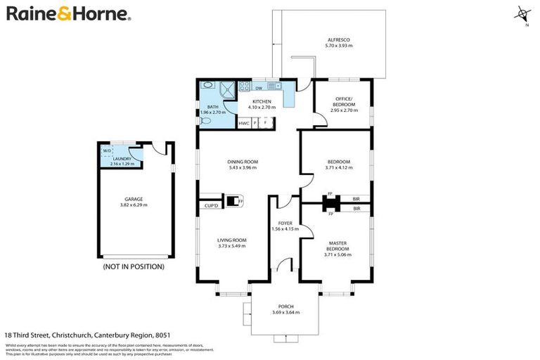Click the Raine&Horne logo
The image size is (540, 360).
[x=68, y=14]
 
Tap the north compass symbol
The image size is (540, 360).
[x=522, y=14]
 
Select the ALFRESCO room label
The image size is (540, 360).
[x=339, y=41]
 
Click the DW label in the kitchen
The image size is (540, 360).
[x=259, y=89]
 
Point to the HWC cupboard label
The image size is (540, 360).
[x=244, y=123]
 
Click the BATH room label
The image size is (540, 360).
[x=212, y=107]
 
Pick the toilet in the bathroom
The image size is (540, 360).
[x=205, y=121]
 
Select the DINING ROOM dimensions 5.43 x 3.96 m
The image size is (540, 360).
[x=243, y=168]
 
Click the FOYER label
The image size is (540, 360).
[x=285, y=223]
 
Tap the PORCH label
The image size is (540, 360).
[x=285, y=307]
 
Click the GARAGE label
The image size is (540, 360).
[x=134, y=199]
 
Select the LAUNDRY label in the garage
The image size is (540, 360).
[x=122, y=159]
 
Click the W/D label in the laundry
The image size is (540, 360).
[x=107, y=150]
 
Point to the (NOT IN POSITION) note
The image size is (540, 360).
[x=134, y=267]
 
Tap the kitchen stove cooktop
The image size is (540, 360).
[x=245, y=88]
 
